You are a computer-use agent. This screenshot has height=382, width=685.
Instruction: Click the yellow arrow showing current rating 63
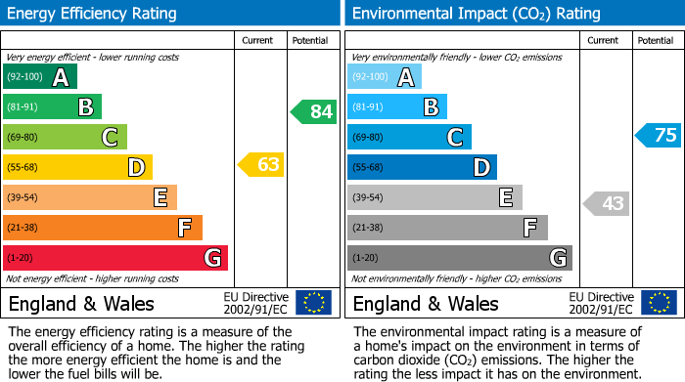coord(261,165)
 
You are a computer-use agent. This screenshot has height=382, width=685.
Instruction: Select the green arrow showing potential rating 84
coord(314,111)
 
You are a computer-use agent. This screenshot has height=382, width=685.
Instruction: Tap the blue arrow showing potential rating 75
coord(659,136)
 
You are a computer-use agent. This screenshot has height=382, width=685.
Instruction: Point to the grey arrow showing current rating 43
coord(606,203)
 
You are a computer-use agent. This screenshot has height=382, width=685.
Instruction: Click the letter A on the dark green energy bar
coord(61,77)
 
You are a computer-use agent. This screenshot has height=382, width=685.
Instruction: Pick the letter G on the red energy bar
coord(211,258)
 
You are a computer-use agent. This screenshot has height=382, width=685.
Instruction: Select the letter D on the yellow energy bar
coord(136,168)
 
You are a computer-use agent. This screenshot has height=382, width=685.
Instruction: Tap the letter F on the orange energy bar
coord(184,229)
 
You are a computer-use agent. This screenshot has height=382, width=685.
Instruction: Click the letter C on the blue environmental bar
coord(454,138)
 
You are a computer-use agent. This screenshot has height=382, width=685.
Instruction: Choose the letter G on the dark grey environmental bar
coord(557,258)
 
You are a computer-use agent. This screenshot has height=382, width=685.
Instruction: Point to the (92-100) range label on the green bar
coord(24,77)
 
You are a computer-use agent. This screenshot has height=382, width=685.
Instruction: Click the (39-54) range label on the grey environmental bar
coord(369,198)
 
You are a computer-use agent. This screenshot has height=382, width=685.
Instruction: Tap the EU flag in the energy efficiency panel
coord(313,303)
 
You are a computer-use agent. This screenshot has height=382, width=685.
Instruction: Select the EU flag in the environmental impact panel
coord(659,303)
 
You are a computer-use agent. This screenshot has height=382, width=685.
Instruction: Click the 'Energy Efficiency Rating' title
coord(93,14)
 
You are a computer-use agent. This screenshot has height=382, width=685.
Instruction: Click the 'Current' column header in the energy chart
coord(258,40)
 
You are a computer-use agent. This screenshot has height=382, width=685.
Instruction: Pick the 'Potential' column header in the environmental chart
coord(655,40)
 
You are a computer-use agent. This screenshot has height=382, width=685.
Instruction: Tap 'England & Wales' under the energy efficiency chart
coord(79,303)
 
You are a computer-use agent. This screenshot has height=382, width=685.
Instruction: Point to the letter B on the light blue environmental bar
coord(431,107)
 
